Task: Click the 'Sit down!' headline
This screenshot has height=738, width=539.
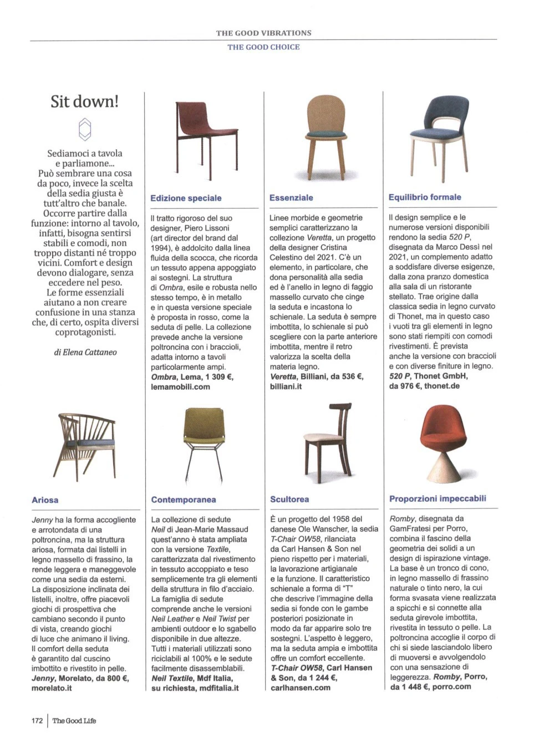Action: (84, 101)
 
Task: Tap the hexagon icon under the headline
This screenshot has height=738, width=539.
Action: (84, 129)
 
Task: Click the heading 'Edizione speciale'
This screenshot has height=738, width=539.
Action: (186, 198)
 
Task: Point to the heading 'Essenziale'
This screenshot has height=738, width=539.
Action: (291, 197)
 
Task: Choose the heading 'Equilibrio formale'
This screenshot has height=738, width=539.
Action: (425, 197)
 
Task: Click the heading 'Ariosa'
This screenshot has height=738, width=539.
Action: (45, 500)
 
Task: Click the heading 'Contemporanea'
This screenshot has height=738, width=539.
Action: (184, 499)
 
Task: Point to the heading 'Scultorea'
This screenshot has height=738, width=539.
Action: (289, 499)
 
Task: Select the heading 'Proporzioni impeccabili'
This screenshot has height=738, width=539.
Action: (438, 498)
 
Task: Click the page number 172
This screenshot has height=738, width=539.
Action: (37, 721)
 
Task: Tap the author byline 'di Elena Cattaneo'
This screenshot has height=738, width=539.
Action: (85, 352)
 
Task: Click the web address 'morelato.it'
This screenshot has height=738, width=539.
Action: (52, 688)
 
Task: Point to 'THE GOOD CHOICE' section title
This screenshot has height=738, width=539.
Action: (263, 47)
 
